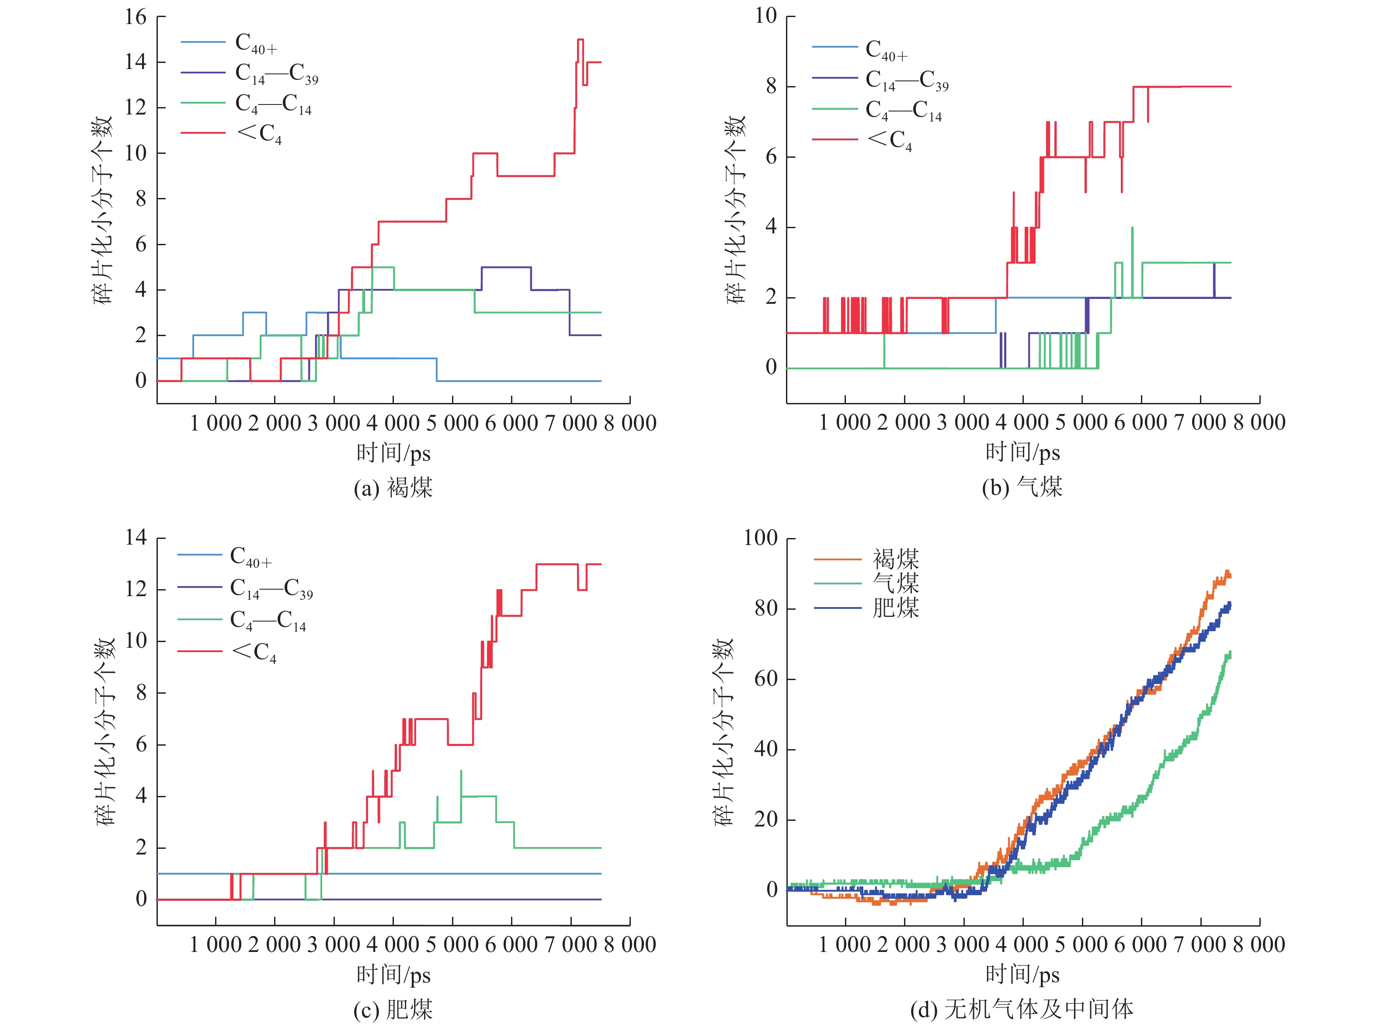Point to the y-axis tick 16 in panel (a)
pos(136,17)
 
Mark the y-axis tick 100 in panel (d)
pos(760,538)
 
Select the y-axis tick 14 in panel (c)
pos(136,537)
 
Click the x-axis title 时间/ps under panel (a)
pos(393,452)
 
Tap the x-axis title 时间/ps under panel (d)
pos(1022,974)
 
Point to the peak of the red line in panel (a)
pos(580,40)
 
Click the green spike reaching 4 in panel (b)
pos(1132,229)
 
